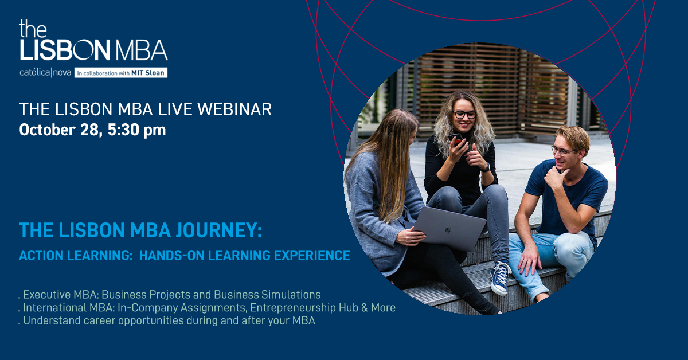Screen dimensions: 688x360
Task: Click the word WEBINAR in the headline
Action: [x=234, y=109]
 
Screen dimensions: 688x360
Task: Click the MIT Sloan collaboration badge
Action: [x=121, y=73]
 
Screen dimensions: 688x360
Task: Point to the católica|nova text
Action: [x=45, y=72]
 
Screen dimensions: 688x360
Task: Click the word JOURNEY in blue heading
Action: [x=218, y=230]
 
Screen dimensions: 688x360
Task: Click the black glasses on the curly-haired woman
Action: [x=465, y=115]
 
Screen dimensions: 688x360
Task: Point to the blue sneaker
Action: [x=500, y=278]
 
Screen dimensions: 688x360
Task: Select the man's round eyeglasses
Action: [x=562, y=151]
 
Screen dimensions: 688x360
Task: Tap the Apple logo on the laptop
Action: [x=448, y=230]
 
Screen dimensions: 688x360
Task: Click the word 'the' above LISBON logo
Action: [x=33, y=29]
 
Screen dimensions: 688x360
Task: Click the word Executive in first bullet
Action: [x=46, y=295]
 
